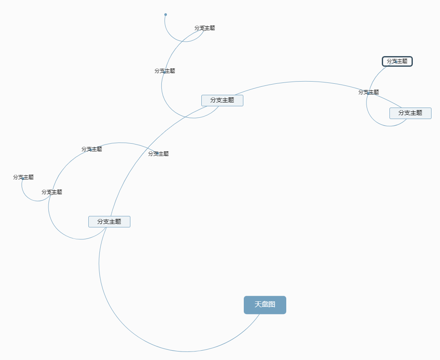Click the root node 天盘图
click(265, 305)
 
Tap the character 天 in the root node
click(258, 305)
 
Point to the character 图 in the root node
click(272, 305)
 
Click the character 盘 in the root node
click(265, 305)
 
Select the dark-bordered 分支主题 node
click(397, 61)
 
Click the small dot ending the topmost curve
click(166, 15)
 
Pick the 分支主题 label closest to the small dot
click(205, 28)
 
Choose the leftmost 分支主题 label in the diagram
click(23, 177)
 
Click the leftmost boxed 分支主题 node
click(109, 221)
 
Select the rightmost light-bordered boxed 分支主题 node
click(410, 113)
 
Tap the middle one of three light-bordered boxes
click(222, 100)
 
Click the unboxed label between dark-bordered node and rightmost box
click(369, 92)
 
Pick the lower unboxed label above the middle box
click(165, 71)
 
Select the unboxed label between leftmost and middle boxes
click(158, 154)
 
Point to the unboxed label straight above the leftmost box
click(92, 149)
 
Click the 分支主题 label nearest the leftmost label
click(52, 192)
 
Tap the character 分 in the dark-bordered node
click(389, 61)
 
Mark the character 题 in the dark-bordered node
click(405, 61)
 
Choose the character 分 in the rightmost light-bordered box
click(401, 113)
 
